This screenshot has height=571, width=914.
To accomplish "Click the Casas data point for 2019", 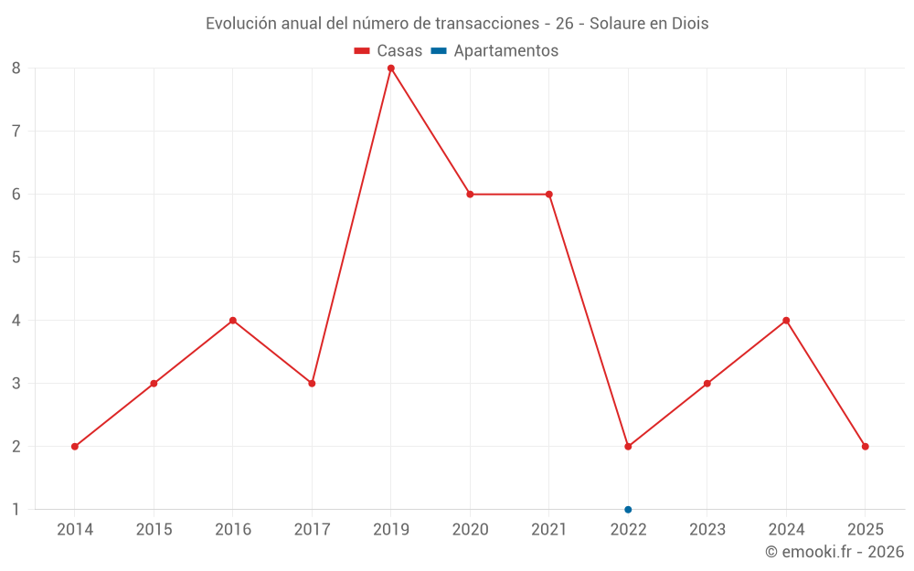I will coord(391,68).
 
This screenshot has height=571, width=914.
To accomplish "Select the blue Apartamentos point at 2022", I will coord(628,510).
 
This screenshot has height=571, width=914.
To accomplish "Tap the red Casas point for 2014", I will coord(75,447).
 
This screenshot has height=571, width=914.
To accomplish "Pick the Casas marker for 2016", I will coord(233,321).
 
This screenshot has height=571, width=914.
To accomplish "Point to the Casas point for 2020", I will coord(470,194).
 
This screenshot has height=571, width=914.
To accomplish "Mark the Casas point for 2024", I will coord(786,321).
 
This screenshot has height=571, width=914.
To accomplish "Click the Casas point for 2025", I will coord(865,447).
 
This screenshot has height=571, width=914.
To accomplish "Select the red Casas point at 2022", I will coord(628,447).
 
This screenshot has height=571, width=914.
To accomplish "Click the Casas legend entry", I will coord(388,51).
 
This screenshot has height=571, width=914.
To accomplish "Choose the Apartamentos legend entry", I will coord(494,51).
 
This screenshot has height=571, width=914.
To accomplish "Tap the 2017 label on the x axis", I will coord(312,529).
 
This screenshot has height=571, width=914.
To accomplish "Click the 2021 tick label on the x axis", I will coord(548,529).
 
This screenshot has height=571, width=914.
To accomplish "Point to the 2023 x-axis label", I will coord(707,529).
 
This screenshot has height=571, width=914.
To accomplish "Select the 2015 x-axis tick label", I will coord(154,529).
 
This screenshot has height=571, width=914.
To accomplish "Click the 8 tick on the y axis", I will coord(16,68).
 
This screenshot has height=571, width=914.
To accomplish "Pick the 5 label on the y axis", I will coord(16,257).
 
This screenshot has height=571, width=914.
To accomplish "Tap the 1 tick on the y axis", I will coord(16,510).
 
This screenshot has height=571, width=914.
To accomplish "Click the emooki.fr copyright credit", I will coord(834,552).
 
